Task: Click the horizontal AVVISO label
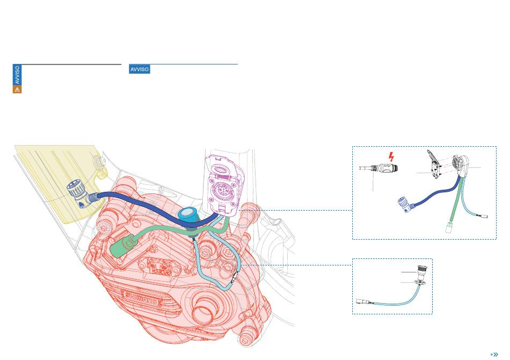(139, 69)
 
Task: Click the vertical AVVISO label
(17, 75)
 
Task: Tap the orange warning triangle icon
(17, 89)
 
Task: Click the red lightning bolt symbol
(391, 156)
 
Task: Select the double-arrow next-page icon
(494, 355)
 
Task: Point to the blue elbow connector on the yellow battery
(79, 195)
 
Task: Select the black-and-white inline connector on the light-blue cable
(235, 276)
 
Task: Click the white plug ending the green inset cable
(448, 227)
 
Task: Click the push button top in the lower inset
(421, 270)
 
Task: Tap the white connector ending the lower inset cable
(362, 301)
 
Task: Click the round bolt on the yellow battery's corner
(98, 160)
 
